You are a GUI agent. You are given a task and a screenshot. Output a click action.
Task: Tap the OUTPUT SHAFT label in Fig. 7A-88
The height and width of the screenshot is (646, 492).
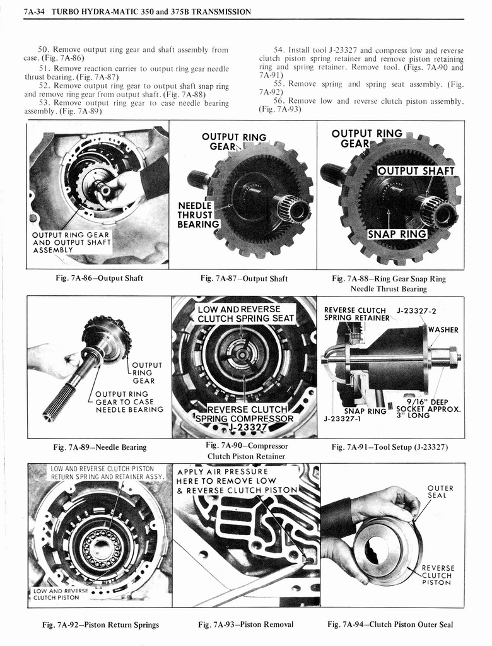[x=415, y=171]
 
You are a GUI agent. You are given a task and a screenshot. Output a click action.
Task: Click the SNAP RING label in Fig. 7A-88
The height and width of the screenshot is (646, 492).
[x=397, y=235]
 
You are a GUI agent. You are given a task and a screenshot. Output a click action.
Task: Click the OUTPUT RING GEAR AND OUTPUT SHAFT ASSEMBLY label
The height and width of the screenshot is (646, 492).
[x=71, y=242]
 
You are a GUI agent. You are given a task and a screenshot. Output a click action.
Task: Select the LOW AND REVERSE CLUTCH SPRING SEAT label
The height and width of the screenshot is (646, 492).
[x=245, y=314]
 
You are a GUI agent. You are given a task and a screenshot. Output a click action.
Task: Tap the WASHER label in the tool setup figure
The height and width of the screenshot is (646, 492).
[x=443, y=330]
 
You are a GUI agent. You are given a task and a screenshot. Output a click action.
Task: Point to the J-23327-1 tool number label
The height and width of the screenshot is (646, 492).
[x=343, y=418]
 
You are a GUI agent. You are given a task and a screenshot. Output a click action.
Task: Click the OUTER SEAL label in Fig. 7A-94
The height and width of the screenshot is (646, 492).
[x=440, y=491]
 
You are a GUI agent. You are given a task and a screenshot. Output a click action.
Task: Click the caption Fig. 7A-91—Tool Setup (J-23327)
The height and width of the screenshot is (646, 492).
[x=390, y=447]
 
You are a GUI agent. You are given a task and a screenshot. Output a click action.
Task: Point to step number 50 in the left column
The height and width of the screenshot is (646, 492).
[x=44, y=49]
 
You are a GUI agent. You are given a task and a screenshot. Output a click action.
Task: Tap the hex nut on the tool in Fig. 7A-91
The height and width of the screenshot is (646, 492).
[x=452, y=357]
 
